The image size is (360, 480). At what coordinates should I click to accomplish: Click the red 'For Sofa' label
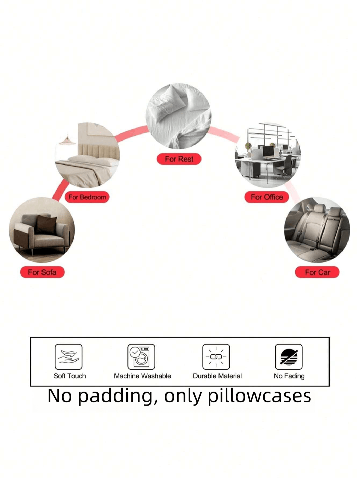(42, 272)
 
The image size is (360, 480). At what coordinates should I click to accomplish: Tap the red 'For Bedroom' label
(87, 197)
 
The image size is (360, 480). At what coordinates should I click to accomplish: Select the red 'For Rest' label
(179, 159)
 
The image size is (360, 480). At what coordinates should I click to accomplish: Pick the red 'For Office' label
(267, 197)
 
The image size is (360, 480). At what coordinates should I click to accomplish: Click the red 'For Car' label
(317, 272)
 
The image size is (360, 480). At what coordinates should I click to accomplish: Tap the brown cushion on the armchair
(46, 224)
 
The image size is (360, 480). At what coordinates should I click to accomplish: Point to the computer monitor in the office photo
(268, 151)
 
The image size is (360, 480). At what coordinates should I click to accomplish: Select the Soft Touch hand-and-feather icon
(69, 357)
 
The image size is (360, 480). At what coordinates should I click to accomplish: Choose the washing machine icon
(141, 357)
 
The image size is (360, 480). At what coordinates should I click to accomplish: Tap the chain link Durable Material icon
(216, 357)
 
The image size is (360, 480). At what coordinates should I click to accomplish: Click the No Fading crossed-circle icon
(289, 357)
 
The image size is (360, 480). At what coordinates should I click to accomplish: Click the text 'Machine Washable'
(142, 376)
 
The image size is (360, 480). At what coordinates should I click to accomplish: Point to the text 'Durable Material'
(217, 376)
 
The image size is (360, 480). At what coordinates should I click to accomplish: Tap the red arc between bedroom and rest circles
(132, 132)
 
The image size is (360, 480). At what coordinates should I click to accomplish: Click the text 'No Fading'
(289, 376)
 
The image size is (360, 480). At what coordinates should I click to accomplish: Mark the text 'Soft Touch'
(70, 376)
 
